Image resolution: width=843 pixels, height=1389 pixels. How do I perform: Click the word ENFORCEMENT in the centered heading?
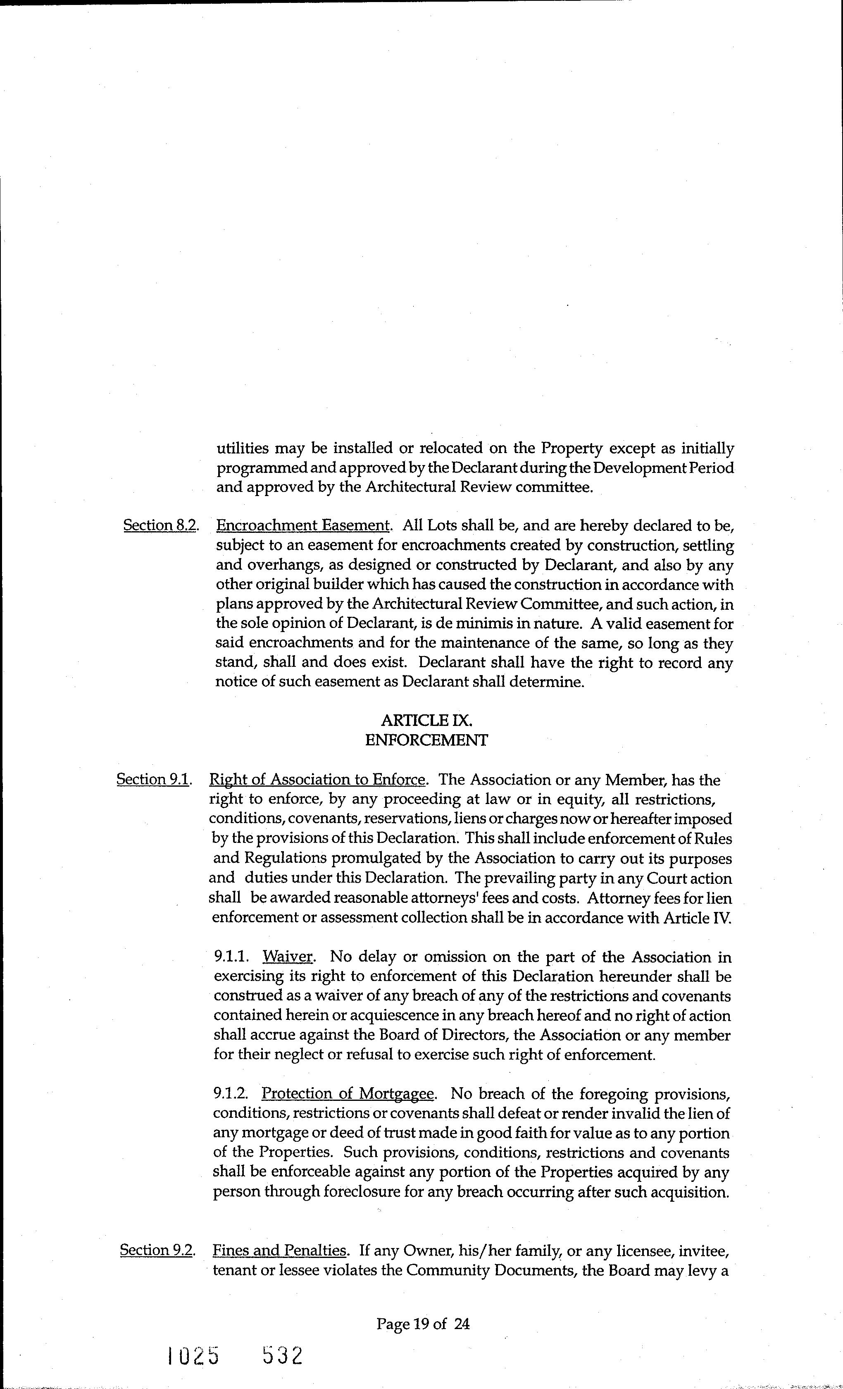click(x=426, y=740)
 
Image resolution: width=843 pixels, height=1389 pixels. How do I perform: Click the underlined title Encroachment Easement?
click(x=302, y=525)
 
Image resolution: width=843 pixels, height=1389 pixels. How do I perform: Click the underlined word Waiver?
click(x=287, y=957)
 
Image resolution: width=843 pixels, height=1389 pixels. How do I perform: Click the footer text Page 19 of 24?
click(x=423, y=1323)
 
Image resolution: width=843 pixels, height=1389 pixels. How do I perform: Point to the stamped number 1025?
click(x=193, y=1355)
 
